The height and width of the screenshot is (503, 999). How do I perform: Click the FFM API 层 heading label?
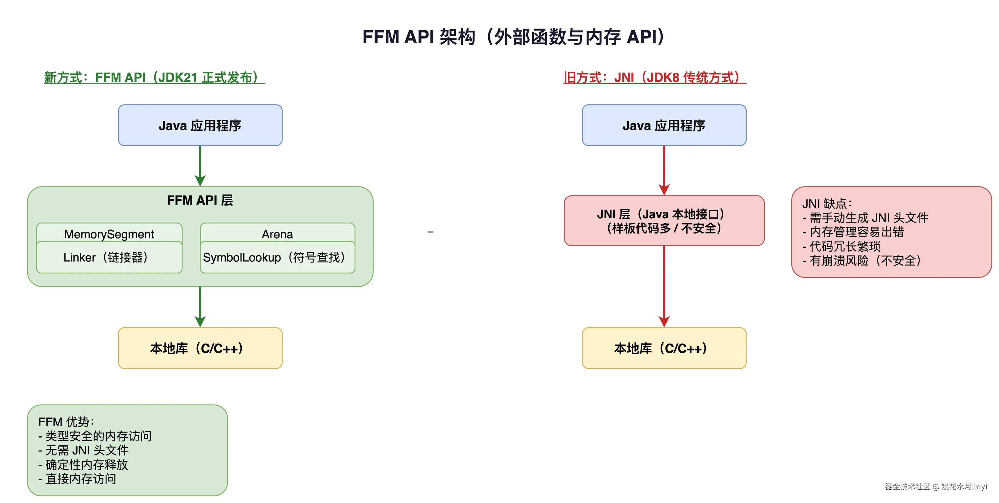(200, 200)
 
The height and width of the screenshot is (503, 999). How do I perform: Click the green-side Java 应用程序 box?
(200, 125)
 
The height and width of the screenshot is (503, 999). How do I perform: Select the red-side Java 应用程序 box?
(664, 125)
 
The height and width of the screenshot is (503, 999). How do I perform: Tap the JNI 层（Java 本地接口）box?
(664, 221)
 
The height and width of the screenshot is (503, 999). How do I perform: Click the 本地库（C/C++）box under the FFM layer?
(200, 348)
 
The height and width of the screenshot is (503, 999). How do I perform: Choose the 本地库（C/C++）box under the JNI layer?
(664, 348)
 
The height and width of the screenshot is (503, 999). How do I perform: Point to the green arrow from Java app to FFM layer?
(200, 165)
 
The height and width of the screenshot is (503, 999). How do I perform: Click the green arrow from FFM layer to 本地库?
(200, 306)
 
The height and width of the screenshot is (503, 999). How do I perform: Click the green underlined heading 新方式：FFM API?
(154, 78)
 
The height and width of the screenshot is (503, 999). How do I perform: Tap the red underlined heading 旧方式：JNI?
(654, 78)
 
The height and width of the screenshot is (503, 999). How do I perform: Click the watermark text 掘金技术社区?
(907, 486)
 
